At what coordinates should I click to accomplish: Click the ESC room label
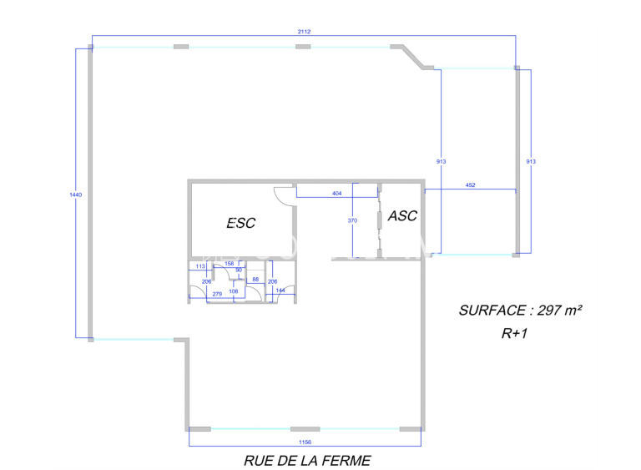click(241, 223)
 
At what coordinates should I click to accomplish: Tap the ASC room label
click(402, 215)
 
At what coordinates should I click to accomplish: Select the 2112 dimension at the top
click(303, 32)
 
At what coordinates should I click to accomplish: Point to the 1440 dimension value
click(76, 194)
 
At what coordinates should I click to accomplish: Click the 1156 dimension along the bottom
click(305, 442)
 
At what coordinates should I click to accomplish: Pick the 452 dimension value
click(470, 185)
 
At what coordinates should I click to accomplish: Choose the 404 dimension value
click(336, 193)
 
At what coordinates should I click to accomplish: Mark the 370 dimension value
click(352, 220)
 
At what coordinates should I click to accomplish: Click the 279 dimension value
click(217, 293)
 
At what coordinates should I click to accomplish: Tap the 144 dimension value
click(280, 290)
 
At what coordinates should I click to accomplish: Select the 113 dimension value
click(199, 265)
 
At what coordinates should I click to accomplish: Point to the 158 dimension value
click(230, 264)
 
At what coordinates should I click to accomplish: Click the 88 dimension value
click(255, 280)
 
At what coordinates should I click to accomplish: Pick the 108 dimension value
click(234, 291)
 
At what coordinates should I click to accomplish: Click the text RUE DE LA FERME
click(306, 460)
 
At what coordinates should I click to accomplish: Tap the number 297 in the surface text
click(548, 310)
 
